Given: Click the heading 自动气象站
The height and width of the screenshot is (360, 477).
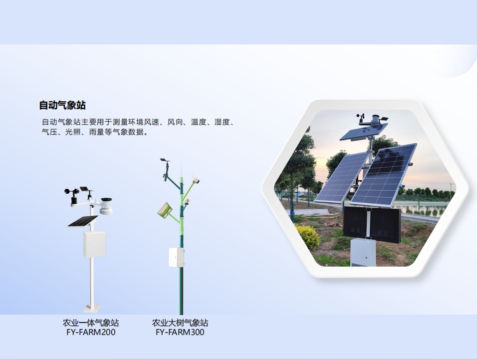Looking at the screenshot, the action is pyautogui.click(x=62, y=105).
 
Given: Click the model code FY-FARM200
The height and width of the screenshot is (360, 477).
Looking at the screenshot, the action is pyautogui.click(x=91, y=332).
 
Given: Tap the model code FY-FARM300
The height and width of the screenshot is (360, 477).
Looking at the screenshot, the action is pyautogui.click(x=180, y=332).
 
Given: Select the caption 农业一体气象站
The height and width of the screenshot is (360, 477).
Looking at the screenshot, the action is pyautogui.click(x=91, y=323).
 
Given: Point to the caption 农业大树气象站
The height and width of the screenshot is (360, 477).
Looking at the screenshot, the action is pyautogui.click(x=180, y=323).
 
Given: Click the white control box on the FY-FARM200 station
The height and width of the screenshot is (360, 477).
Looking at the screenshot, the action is pyautogui.click(x=95, y=244).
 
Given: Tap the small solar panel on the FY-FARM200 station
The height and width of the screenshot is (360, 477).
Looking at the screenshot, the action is pyautogui.click(x=83, y=221).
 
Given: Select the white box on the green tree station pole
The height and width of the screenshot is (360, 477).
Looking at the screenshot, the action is pyautogui.click(x=177, y=258).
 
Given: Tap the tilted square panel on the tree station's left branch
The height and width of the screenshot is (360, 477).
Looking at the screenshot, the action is pyautogui.click(x=165, y=210).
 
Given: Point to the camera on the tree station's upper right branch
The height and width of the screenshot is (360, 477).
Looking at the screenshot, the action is pyautogui.click(x=196, y=180).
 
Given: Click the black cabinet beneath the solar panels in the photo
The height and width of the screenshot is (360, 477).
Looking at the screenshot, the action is pyautogui.click(x=371, y=223).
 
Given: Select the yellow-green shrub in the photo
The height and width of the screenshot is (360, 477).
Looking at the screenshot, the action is pyautogui.click(x=308, y=237).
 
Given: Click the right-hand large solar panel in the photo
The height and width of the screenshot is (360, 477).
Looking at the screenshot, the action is pyautogui.click(x=383, y=175).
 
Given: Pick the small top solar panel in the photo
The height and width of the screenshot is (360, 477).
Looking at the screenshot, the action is pyautogui.click(x=364, y=131).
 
